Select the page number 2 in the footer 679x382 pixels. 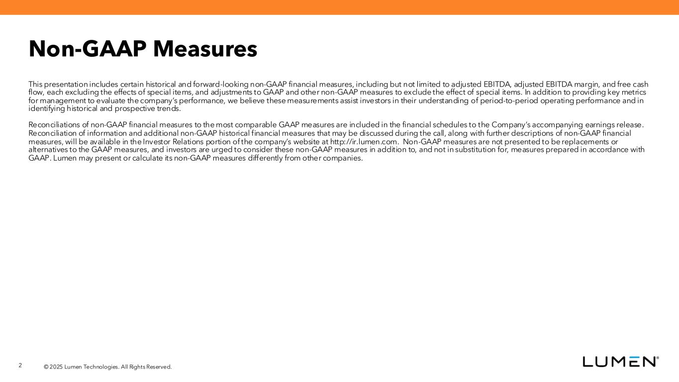20,366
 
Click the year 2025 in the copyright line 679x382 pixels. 57,367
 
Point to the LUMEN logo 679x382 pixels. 619,362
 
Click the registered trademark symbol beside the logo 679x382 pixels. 658,358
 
